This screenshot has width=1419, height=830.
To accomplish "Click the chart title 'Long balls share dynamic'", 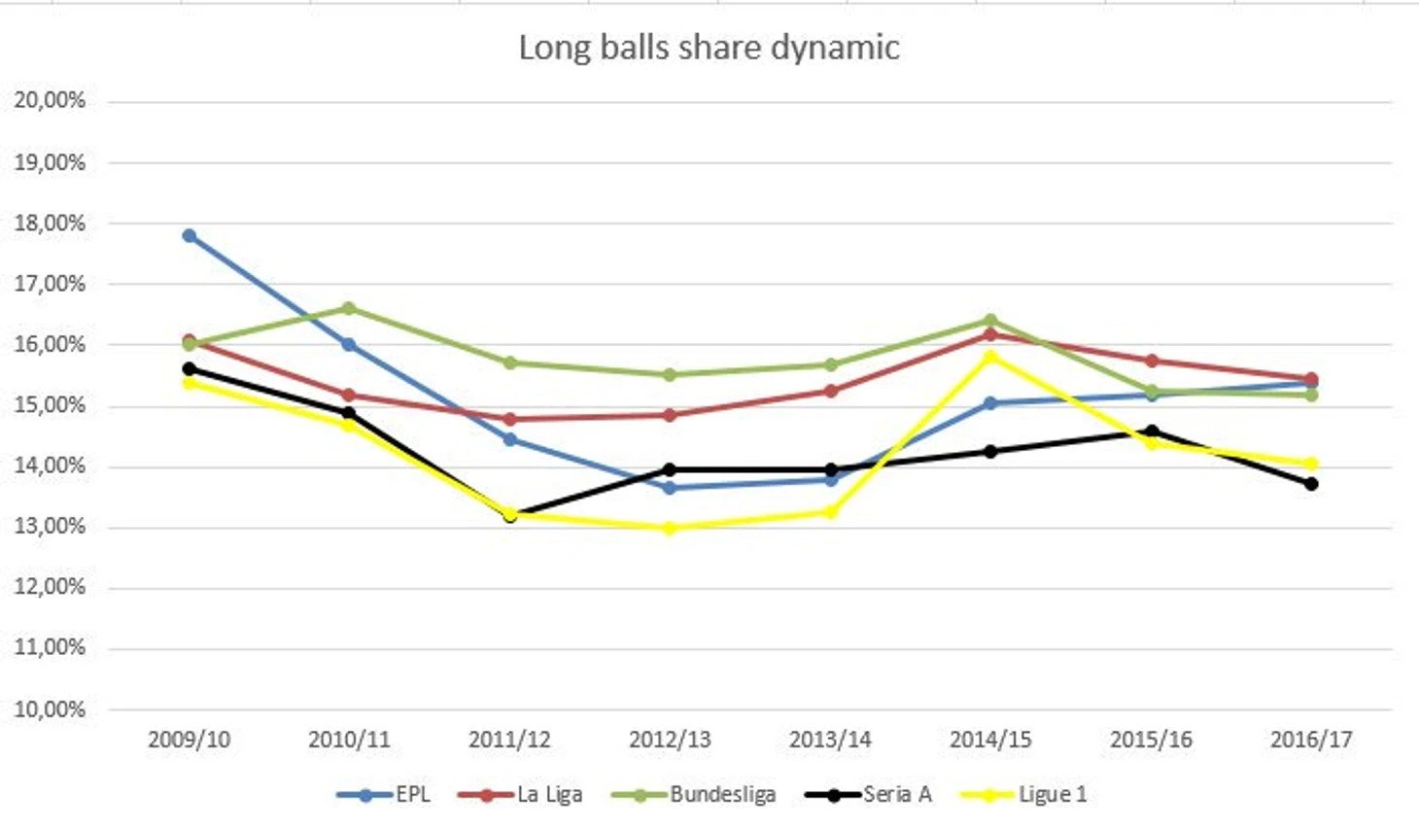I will point(709,48).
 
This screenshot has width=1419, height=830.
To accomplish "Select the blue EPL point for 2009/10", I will point(190,236).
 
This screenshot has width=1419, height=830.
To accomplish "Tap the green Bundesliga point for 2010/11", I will point(349,308).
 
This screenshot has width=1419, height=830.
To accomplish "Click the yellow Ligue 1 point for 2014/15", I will point(990,357).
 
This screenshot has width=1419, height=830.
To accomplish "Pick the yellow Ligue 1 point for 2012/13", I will point(670,528).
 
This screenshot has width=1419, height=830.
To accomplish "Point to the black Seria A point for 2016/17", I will point(1311,483).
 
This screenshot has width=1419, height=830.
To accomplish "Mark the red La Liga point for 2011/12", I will point(510,419).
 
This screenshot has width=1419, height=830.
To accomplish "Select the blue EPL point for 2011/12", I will point(510,439).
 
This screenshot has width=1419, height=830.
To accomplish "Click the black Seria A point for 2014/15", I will point(990,451).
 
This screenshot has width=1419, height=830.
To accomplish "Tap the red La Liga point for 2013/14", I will point(831,391).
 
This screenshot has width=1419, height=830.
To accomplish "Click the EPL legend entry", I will point(384,794).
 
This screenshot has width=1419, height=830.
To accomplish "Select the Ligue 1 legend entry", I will point(1024,794).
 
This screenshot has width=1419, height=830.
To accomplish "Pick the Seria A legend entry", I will point(869,794).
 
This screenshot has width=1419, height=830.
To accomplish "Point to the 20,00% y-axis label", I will point(50,100).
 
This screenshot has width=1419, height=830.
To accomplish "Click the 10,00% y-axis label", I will point(50,709).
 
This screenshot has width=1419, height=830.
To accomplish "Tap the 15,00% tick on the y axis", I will point(50,404).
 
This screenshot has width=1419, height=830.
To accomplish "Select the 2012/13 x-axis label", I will point(670,740).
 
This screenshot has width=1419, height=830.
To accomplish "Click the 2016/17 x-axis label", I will point(1311,740).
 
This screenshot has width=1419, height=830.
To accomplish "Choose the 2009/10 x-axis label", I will point(190,740).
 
